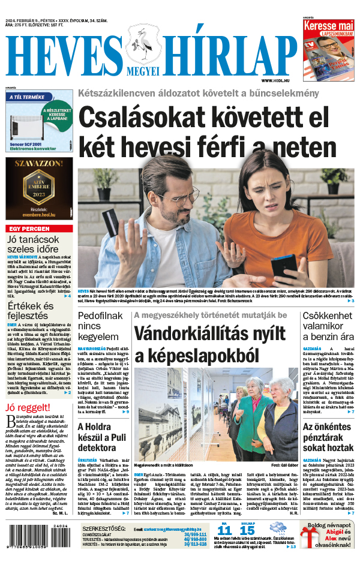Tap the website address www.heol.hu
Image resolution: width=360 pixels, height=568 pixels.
coord(276,80)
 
